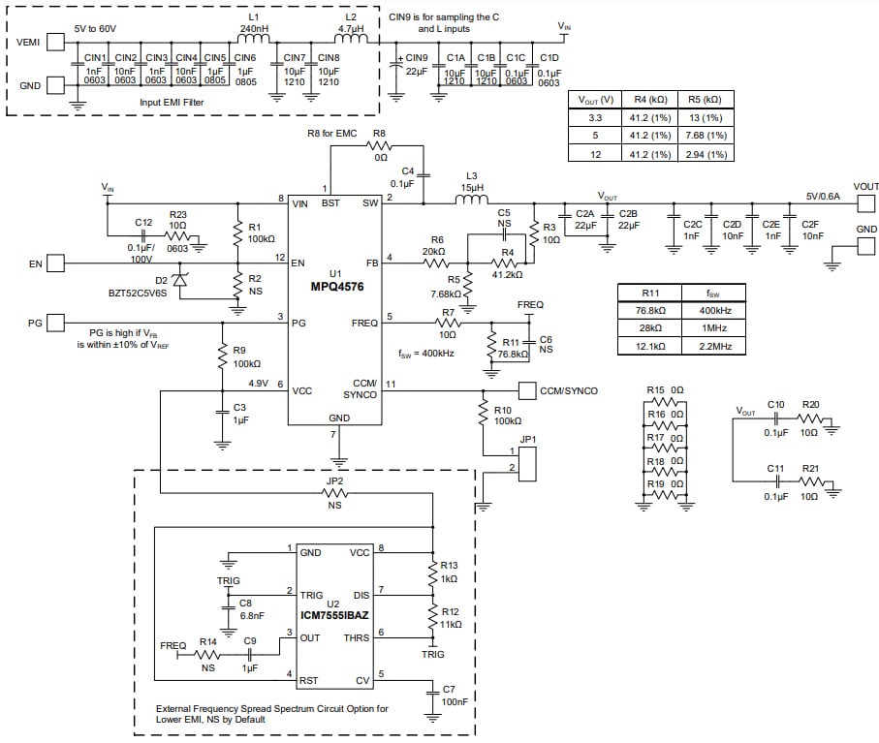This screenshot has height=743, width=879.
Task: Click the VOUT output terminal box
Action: (x=864, y=202)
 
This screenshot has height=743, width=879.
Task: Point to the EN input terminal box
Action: (x=56, y=263)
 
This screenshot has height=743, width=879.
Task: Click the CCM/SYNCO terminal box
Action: (x=527, y=390)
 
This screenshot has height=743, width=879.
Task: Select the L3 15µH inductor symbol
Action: (x=473, y=202)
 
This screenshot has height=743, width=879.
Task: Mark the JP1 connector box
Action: (x=528, y=463)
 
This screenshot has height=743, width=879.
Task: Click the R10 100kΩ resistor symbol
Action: (x=483, y=414)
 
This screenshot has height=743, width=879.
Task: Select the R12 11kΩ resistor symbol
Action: (x=431, y=618)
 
